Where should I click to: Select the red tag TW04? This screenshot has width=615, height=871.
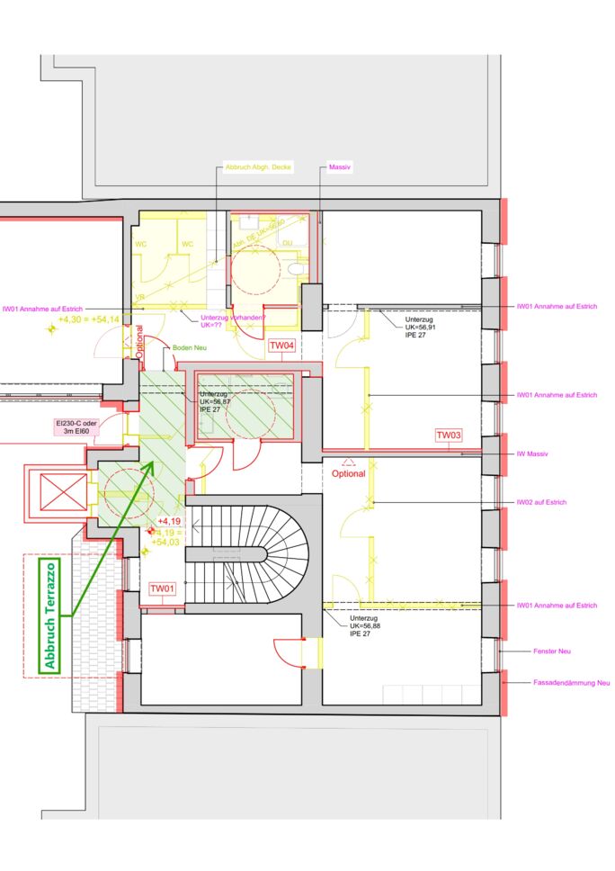coord(281,346)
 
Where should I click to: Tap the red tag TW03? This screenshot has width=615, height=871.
coord(449,435)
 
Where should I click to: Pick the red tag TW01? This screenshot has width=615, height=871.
coord(162,588)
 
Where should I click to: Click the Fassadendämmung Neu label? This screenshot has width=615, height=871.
coord(571,683)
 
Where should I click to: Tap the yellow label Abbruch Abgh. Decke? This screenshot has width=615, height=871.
coord(257,168)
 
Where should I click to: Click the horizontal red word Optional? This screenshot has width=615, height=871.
coord(349,473)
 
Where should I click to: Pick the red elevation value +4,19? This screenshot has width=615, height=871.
coord(169,521)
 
